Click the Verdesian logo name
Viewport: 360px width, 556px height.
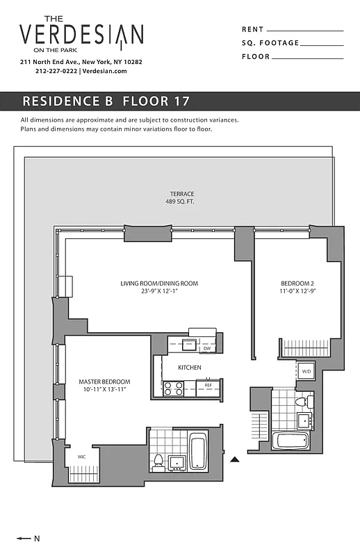coord(81,35)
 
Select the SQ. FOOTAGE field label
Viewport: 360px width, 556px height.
coord(270,43)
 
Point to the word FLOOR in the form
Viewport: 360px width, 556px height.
coord(256,57)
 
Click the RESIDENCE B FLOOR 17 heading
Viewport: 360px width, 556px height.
coord(106,101)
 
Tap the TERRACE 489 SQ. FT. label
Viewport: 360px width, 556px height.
coord(182,198)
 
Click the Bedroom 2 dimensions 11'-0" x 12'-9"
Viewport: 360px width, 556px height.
coord(297,293)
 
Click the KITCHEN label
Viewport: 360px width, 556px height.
coord(189,367)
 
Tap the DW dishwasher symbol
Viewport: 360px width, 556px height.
coord(206,348)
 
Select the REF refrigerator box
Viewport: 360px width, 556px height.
coord(208,384)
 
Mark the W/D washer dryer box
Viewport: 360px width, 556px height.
coord(306,372)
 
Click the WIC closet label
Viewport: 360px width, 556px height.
coord(81,457)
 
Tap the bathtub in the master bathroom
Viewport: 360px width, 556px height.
coord(198,451)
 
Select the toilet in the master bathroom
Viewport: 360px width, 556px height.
coord(158,461)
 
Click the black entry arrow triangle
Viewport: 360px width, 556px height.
coord(235,459)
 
